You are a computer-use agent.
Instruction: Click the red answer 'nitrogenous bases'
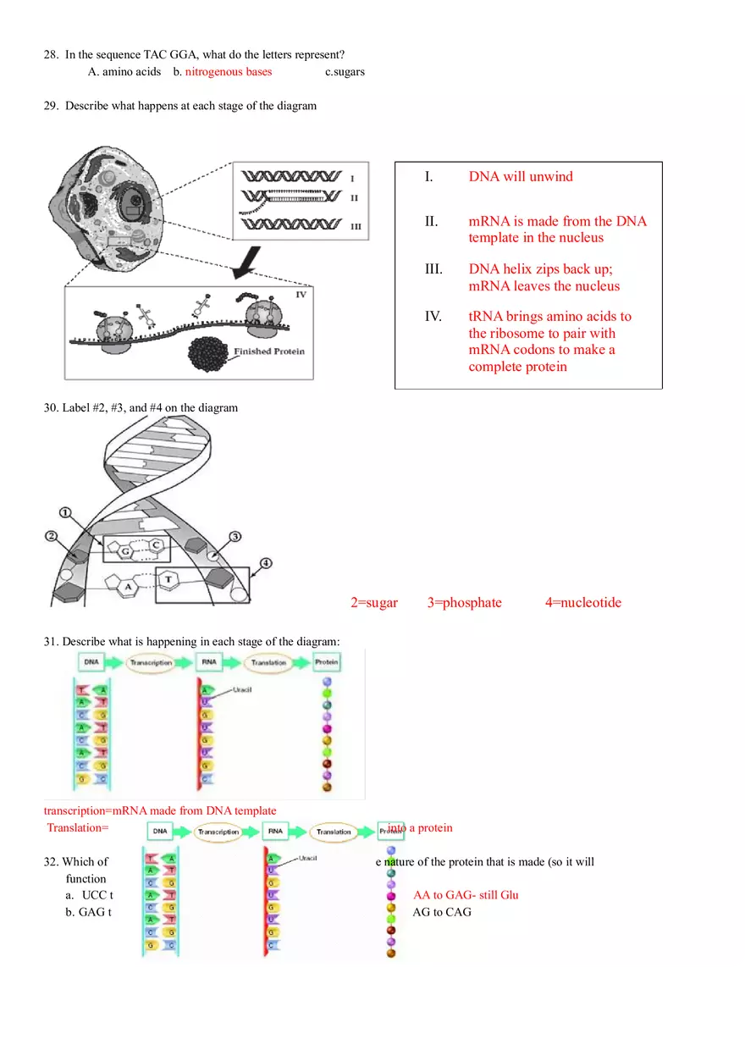click(229, 72)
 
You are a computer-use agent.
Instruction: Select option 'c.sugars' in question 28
click(345, 72)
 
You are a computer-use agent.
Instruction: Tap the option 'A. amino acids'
click(124, 72)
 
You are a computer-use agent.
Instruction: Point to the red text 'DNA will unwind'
click(521, 176)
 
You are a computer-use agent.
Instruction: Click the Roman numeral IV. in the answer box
click(433, 316)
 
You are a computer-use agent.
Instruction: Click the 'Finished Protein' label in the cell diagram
click(269, 351)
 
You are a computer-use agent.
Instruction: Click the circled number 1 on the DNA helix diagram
click(66, 513)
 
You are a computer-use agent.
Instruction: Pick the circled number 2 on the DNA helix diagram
click(52, 536)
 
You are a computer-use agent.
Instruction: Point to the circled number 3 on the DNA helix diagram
click(235, 536)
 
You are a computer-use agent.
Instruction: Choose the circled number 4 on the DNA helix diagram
click(266, 562)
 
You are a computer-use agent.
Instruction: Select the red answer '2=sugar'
click(373, 603)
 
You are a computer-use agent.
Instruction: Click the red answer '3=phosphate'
click(464, 603)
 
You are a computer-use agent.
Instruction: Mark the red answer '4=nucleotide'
click(582, 603)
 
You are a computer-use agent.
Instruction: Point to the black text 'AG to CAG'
click(442, 912)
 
